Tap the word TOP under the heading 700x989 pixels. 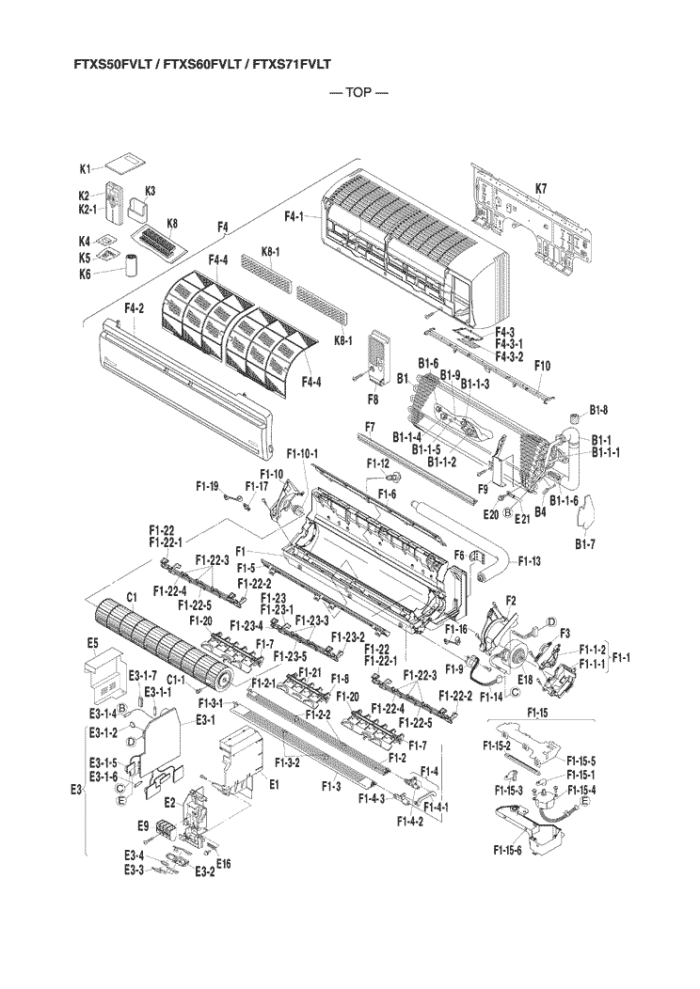click(x=358, y=93)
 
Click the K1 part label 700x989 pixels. click(x=86, y=169)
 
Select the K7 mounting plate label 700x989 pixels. click(x=541, y=188)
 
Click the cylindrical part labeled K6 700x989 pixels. click(x=132, y=265)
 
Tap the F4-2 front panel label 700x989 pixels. click(x=135, y=308)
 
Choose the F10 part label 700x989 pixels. click(x=542, y=365)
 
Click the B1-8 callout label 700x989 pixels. click(x=599, y=409)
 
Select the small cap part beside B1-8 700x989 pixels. click(x=574, y=418)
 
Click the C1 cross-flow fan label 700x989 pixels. click(x=132, y=597)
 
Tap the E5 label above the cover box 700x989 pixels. click(x=93, y=643)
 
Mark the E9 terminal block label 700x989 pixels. click(x=143, y=825)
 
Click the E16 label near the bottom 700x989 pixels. click(x=223, y=863)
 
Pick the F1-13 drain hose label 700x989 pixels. click(x=529, y=560)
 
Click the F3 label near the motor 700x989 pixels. click(x=565, y=633)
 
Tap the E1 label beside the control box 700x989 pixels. click(x=274, y=785)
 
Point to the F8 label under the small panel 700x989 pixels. click(x=373, y=399)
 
